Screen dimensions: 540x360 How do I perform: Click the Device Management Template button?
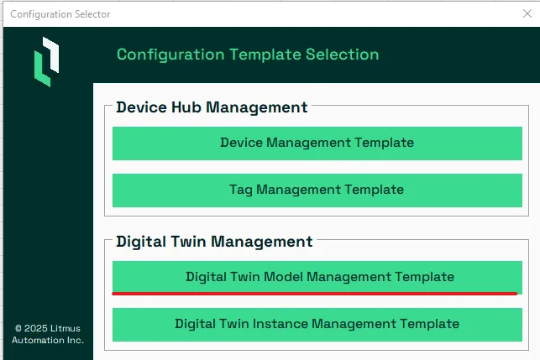click(317, 143)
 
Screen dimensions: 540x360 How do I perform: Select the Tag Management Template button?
click(317, 190)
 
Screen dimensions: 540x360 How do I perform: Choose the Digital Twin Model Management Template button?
click(317, 278)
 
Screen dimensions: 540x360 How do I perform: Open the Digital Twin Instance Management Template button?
click(317, 325)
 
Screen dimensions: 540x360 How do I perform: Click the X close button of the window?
click(527, 13)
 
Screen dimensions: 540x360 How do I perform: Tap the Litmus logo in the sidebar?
click(46, 61)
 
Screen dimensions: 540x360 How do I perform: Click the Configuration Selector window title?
click(60, 14)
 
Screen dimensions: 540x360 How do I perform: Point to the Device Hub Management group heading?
click(212, 107)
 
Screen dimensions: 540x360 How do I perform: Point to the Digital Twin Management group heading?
click(214, 242)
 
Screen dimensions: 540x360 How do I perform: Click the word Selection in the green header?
click(343, 55)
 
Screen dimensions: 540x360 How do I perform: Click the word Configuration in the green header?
click(170, 55)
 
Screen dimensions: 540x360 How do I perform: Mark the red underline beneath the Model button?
click(314, 294)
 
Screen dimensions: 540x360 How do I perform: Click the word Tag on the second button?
click(241, 190)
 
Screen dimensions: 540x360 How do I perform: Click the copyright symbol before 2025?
click(18, 329)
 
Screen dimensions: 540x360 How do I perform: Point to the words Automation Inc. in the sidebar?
click(48, 341)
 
